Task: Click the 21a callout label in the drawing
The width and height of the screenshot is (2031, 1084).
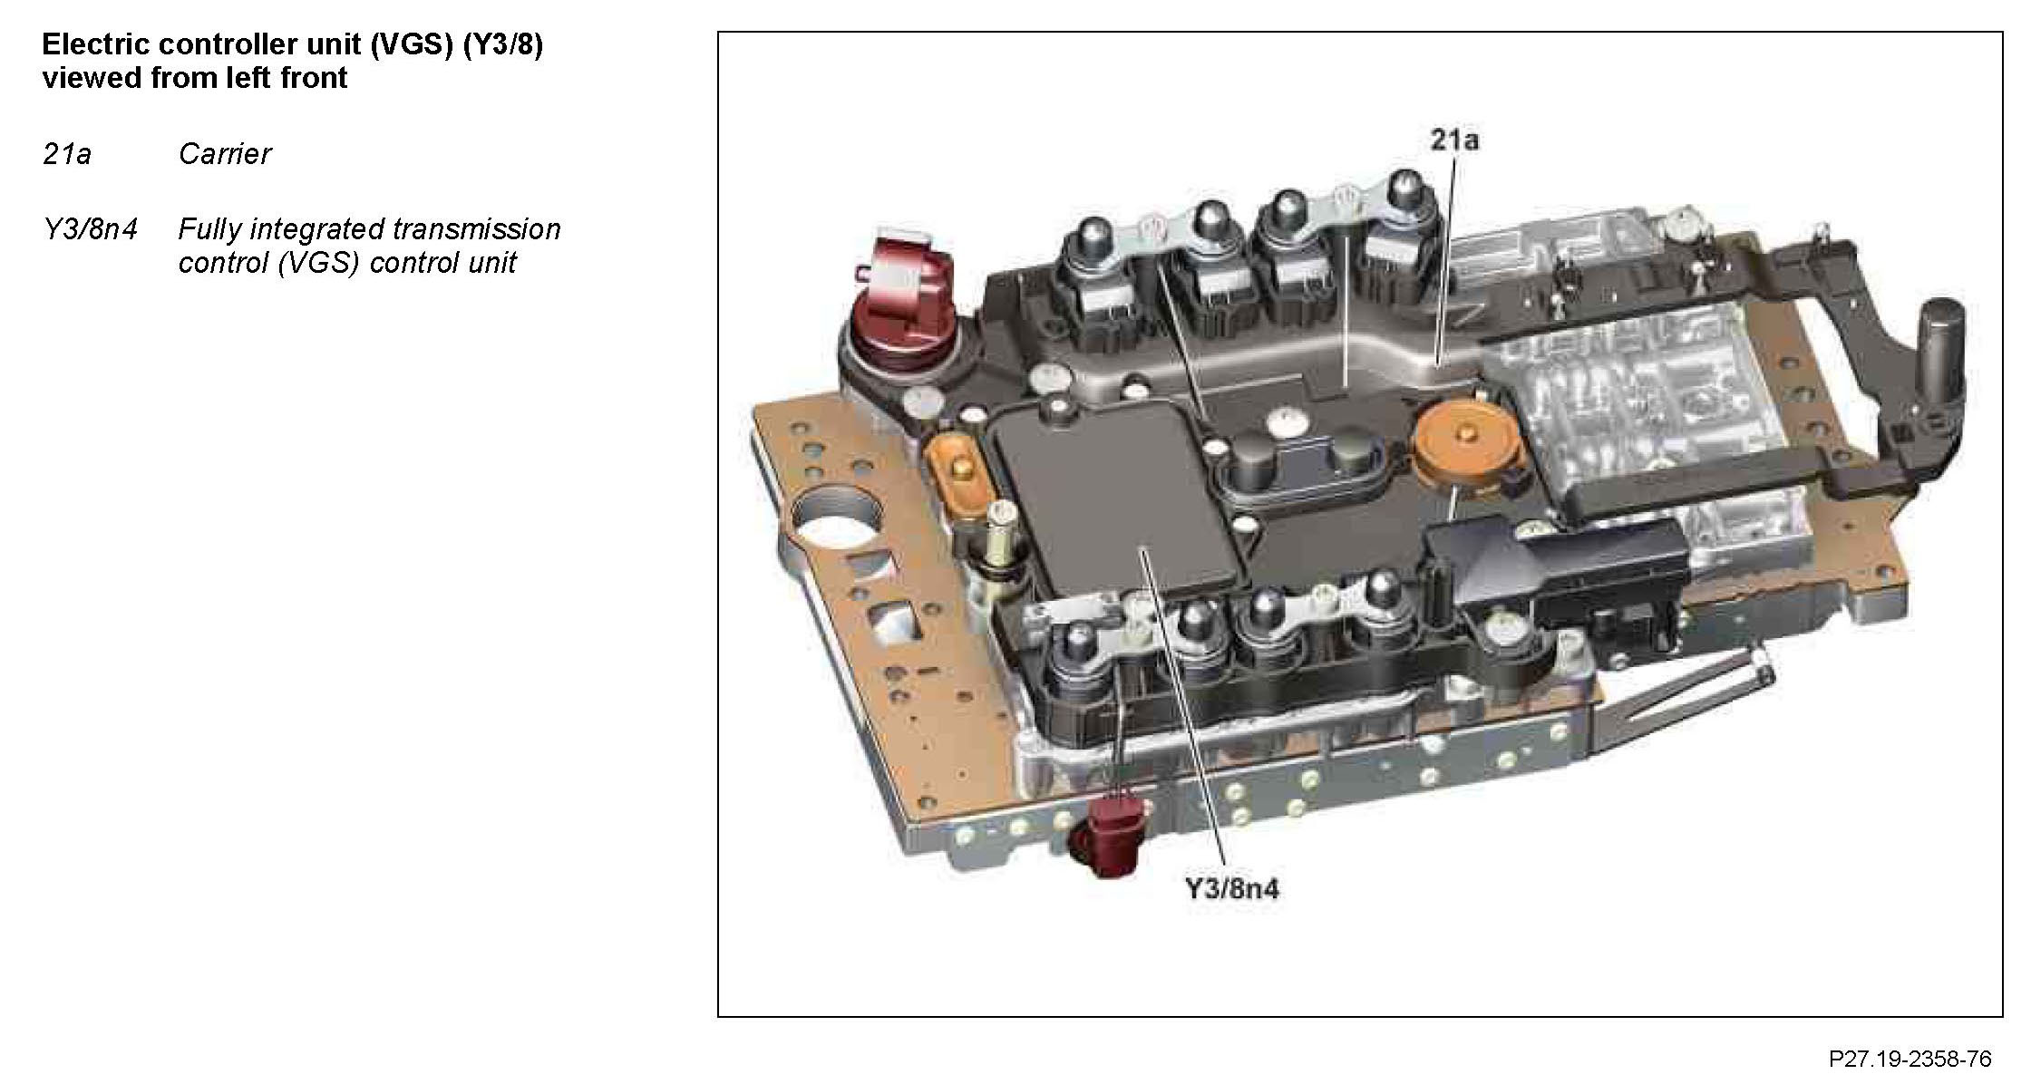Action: tap(1454, 140)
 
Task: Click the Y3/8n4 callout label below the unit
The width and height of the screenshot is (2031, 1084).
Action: tap(1232, 888)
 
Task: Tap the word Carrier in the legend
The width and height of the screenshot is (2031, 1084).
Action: tap(225, 154)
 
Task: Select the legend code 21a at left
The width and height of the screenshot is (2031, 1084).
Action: tap(67, 154)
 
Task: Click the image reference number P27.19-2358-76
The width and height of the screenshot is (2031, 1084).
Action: tap(1910, 1059)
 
